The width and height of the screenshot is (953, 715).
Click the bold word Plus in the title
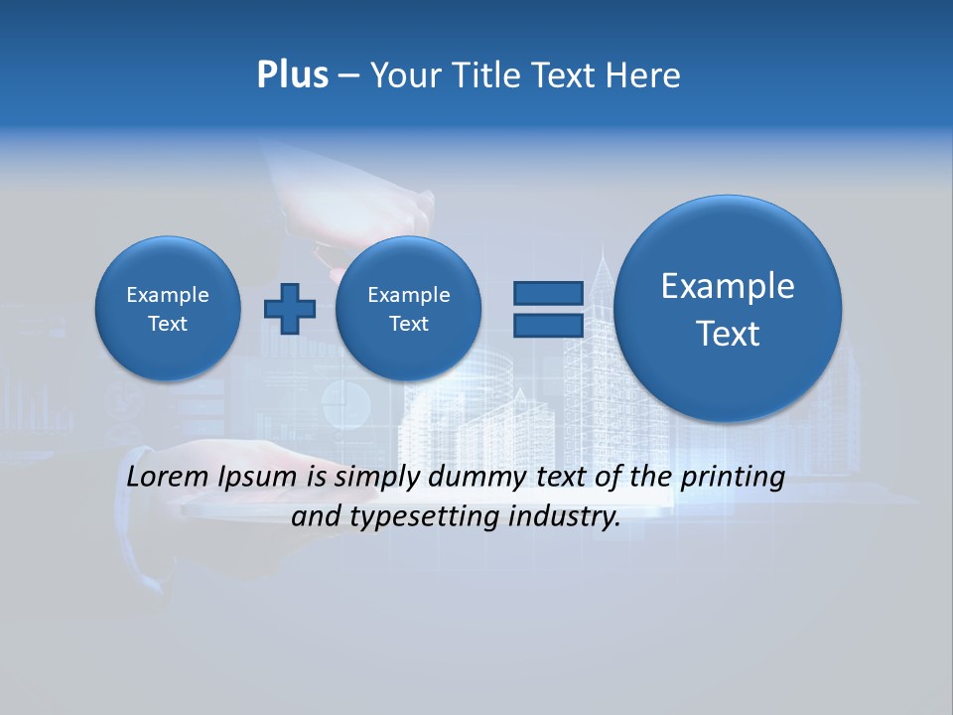coord(292,75)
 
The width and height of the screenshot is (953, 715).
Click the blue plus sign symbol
coord(290,309)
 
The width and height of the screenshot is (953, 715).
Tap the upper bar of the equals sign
coord(548,293)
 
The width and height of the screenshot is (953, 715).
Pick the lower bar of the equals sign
coord(548,326)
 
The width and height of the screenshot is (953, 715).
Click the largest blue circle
coord(728,308)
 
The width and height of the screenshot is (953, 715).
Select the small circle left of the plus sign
coord(168,309)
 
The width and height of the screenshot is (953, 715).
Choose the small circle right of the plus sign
coord(408,309)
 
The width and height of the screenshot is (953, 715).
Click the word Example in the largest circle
coord(728,286)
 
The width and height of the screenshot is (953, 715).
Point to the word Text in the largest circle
coord(728,334)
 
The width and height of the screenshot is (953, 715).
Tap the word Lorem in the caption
coord(169,477)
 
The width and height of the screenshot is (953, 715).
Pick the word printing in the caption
coord(733,478)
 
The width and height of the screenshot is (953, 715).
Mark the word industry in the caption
coord(564,516)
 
